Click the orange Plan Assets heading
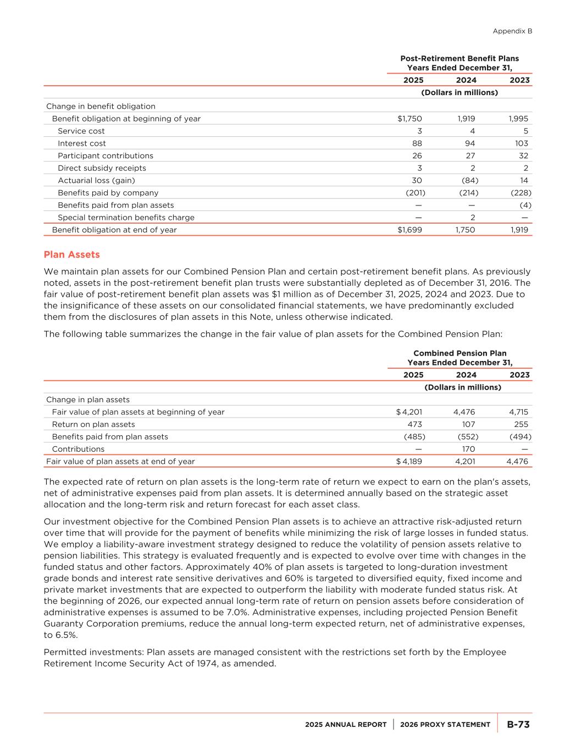click(71, 254)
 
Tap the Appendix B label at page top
click(512, 31)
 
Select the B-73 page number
click(518, 724)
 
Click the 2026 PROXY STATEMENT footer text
click(445, 725)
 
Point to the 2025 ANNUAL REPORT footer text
click(346, 725)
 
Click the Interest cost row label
click(82, 143)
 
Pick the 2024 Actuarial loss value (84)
click(468, 180)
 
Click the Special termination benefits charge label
click(126, 218)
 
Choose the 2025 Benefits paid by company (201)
click(415, 193)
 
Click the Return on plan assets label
click(93, 424)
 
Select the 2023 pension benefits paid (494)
click(521, 437)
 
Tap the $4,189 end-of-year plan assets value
click(409, 462)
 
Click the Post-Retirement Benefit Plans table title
click(459, 58)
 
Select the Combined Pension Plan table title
click(459, 353)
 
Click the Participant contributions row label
click(106, 155)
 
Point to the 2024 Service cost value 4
click(472, 131)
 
